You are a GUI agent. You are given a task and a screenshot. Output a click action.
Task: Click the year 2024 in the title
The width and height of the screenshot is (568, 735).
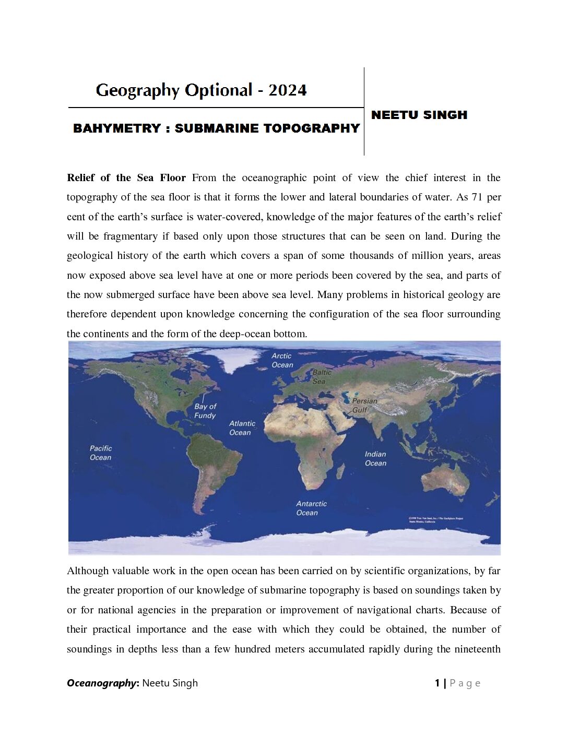pyautogui.click(x=288, y=90)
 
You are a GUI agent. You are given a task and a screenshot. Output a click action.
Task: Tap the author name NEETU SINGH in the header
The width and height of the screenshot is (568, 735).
pyautogui.click(x=419, y=115)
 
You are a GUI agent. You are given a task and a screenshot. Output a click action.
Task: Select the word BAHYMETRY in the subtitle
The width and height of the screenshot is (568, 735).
pyautogui.click(x=116, y=128)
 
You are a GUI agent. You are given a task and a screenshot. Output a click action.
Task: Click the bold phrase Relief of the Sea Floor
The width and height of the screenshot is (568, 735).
pyautogui.click(x=126, y=178)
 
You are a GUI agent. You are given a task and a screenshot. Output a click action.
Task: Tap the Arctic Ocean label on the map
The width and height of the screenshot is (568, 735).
pyautogui.click(x=282, y=360)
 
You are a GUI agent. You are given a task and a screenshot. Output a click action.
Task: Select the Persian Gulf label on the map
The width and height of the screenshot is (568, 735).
pyautogui.click(x=364, y=406)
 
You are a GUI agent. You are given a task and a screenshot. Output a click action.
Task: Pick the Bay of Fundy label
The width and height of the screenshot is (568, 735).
pyautogui.click(x=205, y=411)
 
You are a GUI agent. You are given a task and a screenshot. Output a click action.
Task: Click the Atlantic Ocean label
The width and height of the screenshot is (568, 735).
pyautogui.click(x=242, y=428)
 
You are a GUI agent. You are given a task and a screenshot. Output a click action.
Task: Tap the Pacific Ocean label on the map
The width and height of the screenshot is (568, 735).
pyautogui.click(x=100, y=453)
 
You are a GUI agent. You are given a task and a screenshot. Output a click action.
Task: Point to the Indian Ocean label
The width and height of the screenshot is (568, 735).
pyautogui.click(x=375, y=458)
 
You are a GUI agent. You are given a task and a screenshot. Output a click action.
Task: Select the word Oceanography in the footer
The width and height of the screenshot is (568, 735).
pyautogui.click(x=101, y=683)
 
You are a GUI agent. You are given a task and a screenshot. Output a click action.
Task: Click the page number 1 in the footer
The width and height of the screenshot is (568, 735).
pyautogui.click(x=437, y=683)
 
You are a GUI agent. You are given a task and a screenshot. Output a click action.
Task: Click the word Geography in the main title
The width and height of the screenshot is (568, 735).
pyautogui.click(x=137, y=90)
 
